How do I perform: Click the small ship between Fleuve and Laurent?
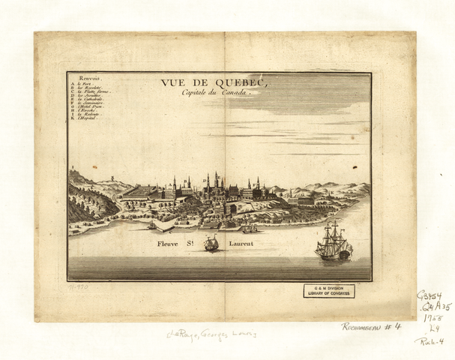[x=212, y=244]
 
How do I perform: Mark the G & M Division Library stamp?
[x=329, y=291]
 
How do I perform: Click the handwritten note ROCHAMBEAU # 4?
[x=371, y=326]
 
